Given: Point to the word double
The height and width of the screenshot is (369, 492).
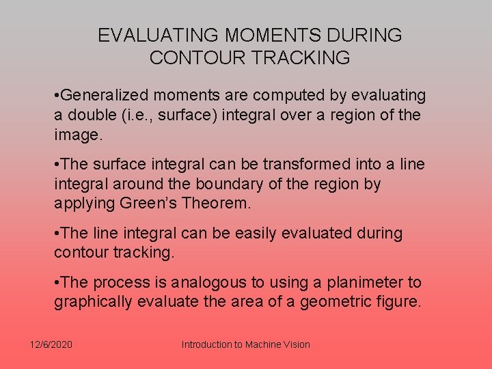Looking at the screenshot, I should [x=90, y=115].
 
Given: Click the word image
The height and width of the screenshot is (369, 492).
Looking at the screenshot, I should [x=77, y=135].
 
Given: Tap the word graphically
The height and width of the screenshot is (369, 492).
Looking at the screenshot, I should [x=94, y=302].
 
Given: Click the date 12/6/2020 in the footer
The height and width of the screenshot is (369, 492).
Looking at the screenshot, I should [x=51, y=344].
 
